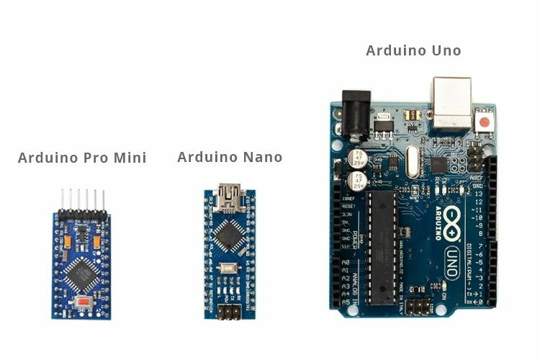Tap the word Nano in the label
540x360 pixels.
(x=261, y=157)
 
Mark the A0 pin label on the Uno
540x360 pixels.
(x=346, y=262)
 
